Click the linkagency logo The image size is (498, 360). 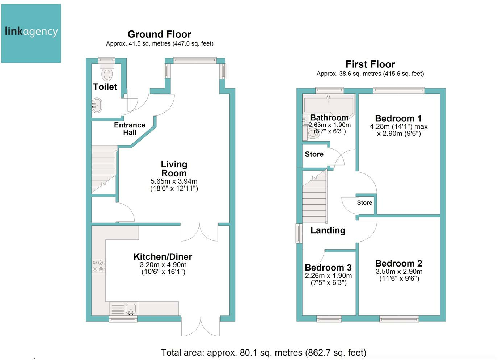pyautogui.click(x=31, y=33)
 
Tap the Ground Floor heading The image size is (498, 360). pyautogui.click(x=159, y=34)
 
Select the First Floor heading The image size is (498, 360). pyautogui.click(x=370, y=64)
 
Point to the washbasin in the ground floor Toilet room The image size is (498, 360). pyautogui.click(x=97, y=105)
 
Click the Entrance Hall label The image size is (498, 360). pyautogui.click(x=130, y=129)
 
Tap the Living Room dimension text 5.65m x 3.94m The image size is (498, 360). pyautogui.click(x=174, y=181)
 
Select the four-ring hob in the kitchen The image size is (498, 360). pyautogui.click(x=99, y=266)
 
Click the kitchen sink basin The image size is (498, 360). pyautogui.click(x=131, y=308)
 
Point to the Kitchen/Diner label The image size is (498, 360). pyautogui.click(x=163, y=257)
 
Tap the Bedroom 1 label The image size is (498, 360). pyautogui.click(x=398, y=118)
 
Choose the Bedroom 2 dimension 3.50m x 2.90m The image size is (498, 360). pyautogui.click(x=399, y=271)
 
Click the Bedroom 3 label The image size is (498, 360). pyautogui.click(x=328, y=267)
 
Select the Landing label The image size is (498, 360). pyautogui.click(x=328, y=230)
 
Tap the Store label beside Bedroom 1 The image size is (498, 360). pyautogui.click(x=364, y=202)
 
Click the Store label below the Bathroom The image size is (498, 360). pyautogui.click(x=314, y=154)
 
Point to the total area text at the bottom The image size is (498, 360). pyautogui.click(x=263, y=353)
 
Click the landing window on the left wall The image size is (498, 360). pyautogui.click(x=299, y=233)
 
